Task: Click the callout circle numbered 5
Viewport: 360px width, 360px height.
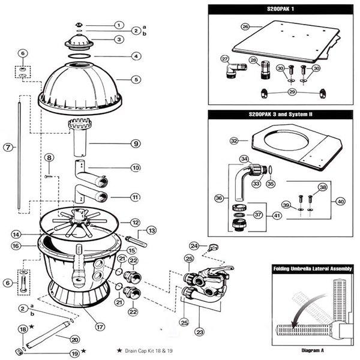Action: [136, 79]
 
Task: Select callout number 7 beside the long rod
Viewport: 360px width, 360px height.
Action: [8, 148]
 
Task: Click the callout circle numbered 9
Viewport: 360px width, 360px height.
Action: [136, 143]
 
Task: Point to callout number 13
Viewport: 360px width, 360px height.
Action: [151, 230]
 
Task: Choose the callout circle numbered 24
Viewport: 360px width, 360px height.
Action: [194, 245]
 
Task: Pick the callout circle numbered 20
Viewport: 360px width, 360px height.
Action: [75, 339]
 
